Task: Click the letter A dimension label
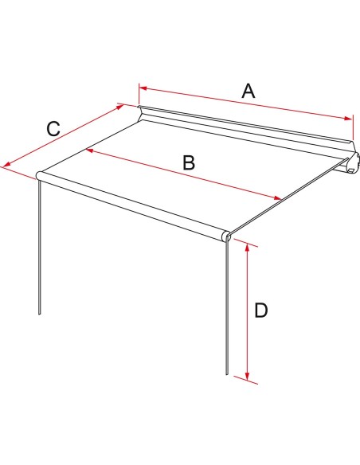248,91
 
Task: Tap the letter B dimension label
189,162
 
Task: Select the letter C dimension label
53,129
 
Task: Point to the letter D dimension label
261,311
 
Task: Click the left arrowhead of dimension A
143,88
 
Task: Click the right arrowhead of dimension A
348,119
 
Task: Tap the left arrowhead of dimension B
89,150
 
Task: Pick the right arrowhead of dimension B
277,198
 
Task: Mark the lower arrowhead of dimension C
7,164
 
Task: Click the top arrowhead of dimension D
247,248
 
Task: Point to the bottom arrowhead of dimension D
247,377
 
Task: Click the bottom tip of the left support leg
39,314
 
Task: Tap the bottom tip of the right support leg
227,374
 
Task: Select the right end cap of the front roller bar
226,236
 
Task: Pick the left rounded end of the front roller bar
39,175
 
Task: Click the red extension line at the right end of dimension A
353,128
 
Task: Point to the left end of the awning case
140,113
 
